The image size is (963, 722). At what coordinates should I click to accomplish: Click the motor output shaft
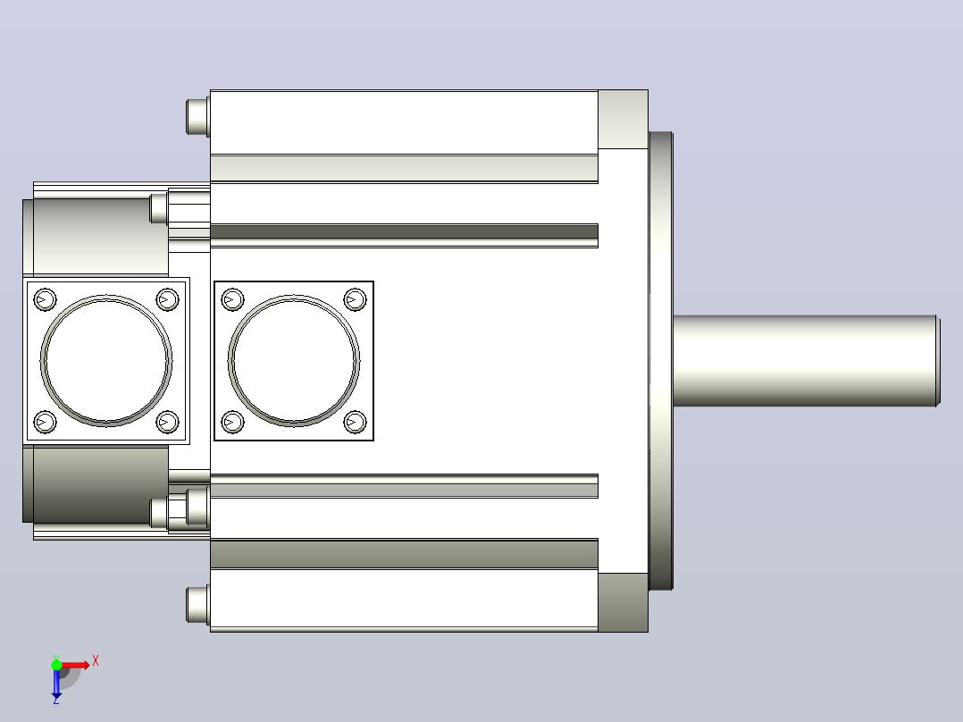tap(807, 361)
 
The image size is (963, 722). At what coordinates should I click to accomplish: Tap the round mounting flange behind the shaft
tap(661, 361)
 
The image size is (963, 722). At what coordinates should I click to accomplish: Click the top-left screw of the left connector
tap(45, 300)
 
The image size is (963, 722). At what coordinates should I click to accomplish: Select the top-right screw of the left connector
tap(167, 300)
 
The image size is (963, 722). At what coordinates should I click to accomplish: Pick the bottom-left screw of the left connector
tap(45, 422)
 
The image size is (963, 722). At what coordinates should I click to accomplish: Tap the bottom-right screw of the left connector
tap(167, 422)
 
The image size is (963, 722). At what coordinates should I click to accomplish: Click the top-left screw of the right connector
tap(232, 300)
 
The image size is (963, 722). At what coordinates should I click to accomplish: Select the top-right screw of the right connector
tap(355, 300)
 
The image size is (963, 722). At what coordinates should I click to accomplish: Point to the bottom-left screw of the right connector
tap(232, 422)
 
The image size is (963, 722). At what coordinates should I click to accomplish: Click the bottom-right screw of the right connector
tap(355, 422)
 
